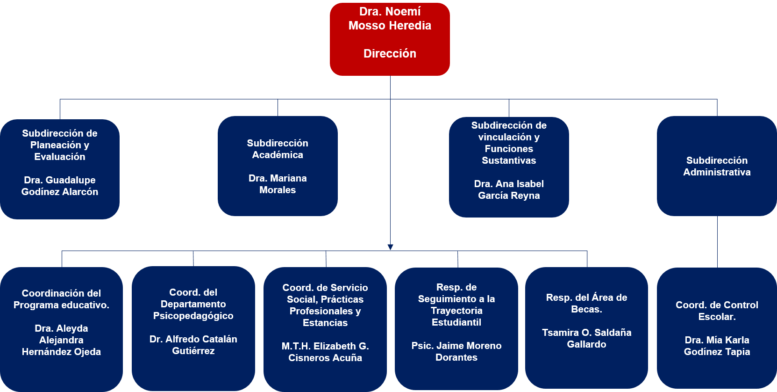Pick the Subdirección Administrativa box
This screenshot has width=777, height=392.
tap(717, 166)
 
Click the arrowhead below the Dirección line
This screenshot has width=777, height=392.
tap(390, 247)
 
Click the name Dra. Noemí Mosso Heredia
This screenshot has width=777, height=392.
tap(390, 19)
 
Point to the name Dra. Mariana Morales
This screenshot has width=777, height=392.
tap(278, 184)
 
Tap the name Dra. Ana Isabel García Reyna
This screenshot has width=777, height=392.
tap(509, 189)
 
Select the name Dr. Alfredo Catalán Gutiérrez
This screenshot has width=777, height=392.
tap(193, 345)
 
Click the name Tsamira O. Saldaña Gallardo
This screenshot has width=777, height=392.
tap(586, 338)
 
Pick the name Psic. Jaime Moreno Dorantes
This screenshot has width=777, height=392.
tap(456, 351)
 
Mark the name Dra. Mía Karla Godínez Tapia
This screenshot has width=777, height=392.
tap(717, 346)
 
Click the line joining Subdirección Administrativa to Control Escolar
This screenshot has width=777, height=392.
tap(717, 241)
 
